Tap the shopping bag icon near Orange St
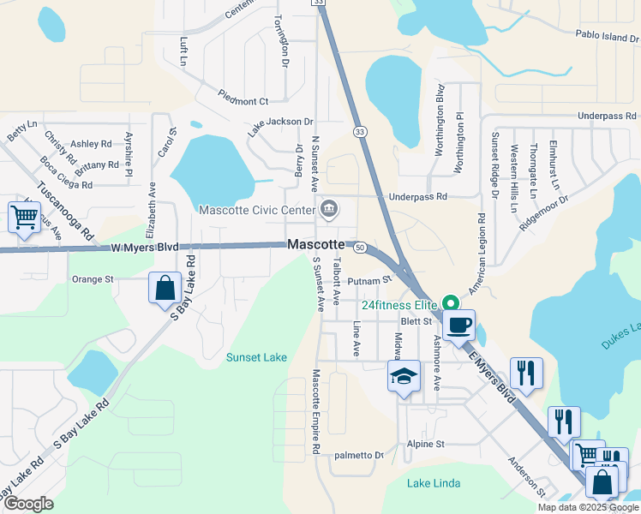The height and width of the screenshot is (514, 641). click(x=165, y=289)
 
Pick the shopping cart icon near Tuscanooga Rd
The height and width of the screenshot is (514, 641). click(x=24, y=217)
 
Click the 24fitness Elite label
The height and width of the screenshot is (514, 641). click(x=399, y=304)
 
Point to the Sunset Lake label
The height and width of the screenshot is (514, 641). click(x=256, y=357)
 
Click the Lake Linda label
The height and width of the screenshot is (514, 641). click(x=434, y=483)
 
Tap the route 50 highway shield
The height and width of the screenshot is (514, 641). click(x=360, y=247)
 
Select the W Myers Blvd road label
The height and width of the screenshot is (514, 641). click(x=145, y=247)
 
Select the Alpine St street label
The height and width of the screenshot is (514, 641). click(x=426, y=445)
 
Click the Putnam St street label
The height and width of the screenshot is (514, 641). click(x=369, y=280)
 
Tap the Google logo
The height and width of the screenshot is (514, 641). click(x=29, y=505)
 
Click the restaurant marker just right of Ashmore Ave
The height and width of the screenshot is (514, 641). click(x=527, y=374)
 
